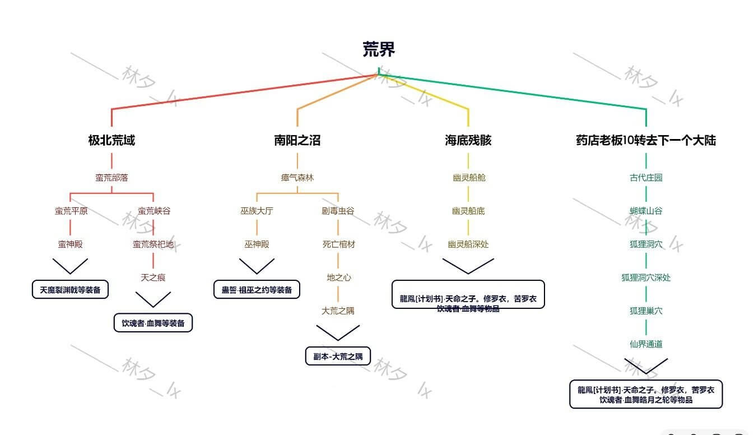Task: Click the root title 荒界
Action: click(x=379, y=50)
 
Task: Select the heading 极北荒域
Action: click(x=111, y=140)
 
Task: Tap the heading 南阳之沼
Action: click(x=297, y=140)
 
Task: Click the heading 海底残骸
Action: click(x=468, y=140)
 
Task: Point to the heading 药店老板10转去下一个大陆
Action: click(x=645, y=140)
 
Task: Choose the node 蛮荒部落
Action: click(x=111, y=178)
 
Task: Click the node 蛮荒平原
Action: click(x=71, y=211)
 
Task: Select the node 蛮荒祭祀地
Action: click(x=153, y=244)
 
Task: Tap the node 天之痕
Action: click(x=153, y=277)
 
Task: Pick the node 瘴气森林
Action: click(x=297, y=178)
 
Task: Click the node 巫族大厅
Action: click(x=257, y=211)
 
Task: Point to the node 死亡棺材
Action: click(x=338, y=244)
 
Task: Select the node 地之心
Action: click(x=338, y=277)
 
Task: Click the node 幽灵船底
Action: click(x=468, y=211)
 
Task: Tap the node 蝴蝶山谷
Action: click(x=645, y=211)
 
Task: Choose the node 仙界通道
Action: click(x=645, y=344)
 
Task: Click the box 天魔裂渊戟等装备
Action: click(x=70, y=290)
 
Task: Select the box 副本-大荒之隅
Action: click(x=338, y=357)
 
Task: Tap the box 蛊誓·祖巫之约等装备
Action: click(x=257, y=290)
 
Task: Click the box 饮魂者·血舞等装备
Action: click(x=153, y=323)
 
